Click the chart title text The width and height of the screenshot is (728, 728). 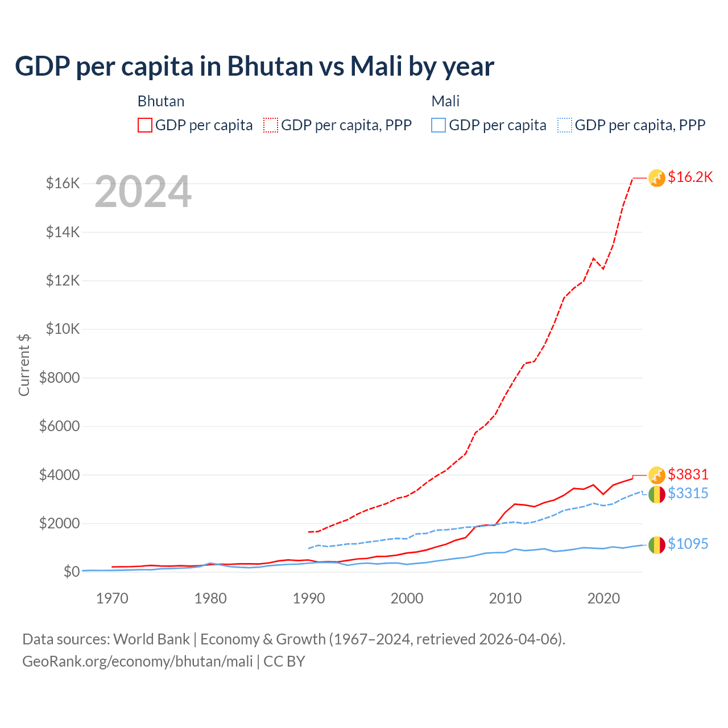[x=254, y=67]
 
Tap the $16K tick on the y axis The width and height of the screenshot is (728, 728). [x=63, y=183]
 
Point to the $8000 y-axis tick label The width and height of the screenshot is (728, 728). [x=60, y=378]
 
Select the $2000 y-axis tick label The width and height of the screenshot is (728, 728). [x=60, y=523]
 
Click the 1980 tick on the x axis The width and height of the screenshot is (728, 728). [x=210, y=598]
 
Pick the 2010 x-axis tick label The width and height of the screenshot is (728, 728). [x=505, y=598]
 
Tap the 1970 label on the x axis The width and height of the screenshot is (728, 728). [x=112, y=598]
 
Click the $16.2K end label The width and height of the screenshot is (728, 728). [x=690, y=177]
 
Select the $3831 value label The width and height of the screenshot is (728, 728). [x=688, y=474]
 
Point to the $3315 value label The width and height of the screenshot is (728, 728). [x=688, y=493]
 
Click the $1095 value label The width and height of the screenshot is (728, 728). [x=688, y=544]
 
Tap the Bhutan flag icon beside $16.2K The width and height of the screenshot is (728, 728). [x=657, y=178]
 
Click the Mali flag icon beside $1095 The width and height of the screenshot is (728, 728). [x=657, y=545]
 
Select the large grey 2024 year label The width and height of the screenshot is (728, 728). [x=143, y=192]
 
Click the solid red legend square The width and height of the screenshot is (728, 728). [x=145, y=125]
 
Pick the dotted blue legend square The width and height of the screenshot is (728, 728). [x=565, y=125]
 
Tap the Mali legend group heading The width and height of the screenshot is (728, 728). [x=445, y=101]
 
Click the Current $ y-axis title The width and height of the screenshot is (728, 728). [x=24, y=365]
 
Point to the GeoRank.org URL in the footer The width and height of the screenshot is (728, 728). [x=138, y=661]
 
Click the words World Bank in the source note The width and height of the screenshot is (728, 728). [x=151, y=639]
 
